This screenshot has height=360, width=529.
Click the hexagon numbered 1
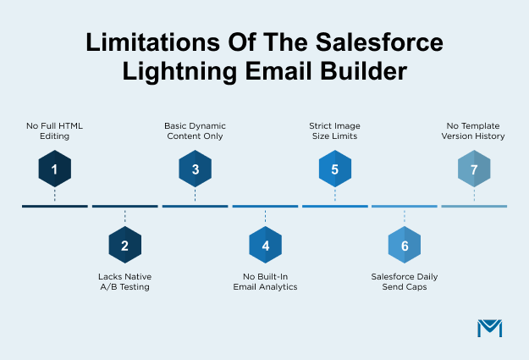pyautogui.click(x=54, y=169)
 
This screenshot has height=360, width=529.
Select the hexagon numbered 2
pyautogui.click(x=124, y=246)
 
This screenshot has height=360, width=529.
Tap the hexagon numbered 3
pyautogui.click(x=195, y=169)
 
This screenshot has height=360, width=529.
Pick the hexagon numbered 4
pyautogui.click(x=265, y=246)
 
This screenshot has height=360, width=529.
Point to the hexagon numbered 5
pyautogui.click(x=334, y=169)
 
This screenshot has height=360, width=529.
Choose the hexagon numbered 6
pyautogui.click(x=405, y=246)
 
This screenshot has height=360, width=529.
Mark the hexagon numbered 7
pyautogui.click(x=474, y=169)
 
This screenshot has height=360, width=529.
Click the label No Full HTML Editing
pyautogui.click(x=54, y=130)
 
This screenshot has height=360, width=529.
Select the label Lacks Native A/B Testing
pyautogui.click(x=124, y=282)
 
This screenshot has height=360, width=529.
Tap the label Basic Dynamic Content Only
pyautogui.click(x=195, y=130)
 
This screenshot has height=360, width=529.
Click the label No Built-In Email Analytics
pyautogui.click(x=265, y=282)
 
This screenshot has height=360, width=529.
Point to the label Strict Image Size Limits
pyautogui.click(x=334, y=130)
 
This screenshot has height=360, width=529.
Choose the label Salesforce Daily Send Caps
pyautogui.click(x=405, y=282)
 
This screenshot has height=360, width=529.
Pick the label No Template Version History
pyautogui.click(x=474, y=130)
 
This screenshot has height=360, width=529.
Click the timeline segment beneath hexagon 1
pyautogui.click(x=54, y=206)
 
